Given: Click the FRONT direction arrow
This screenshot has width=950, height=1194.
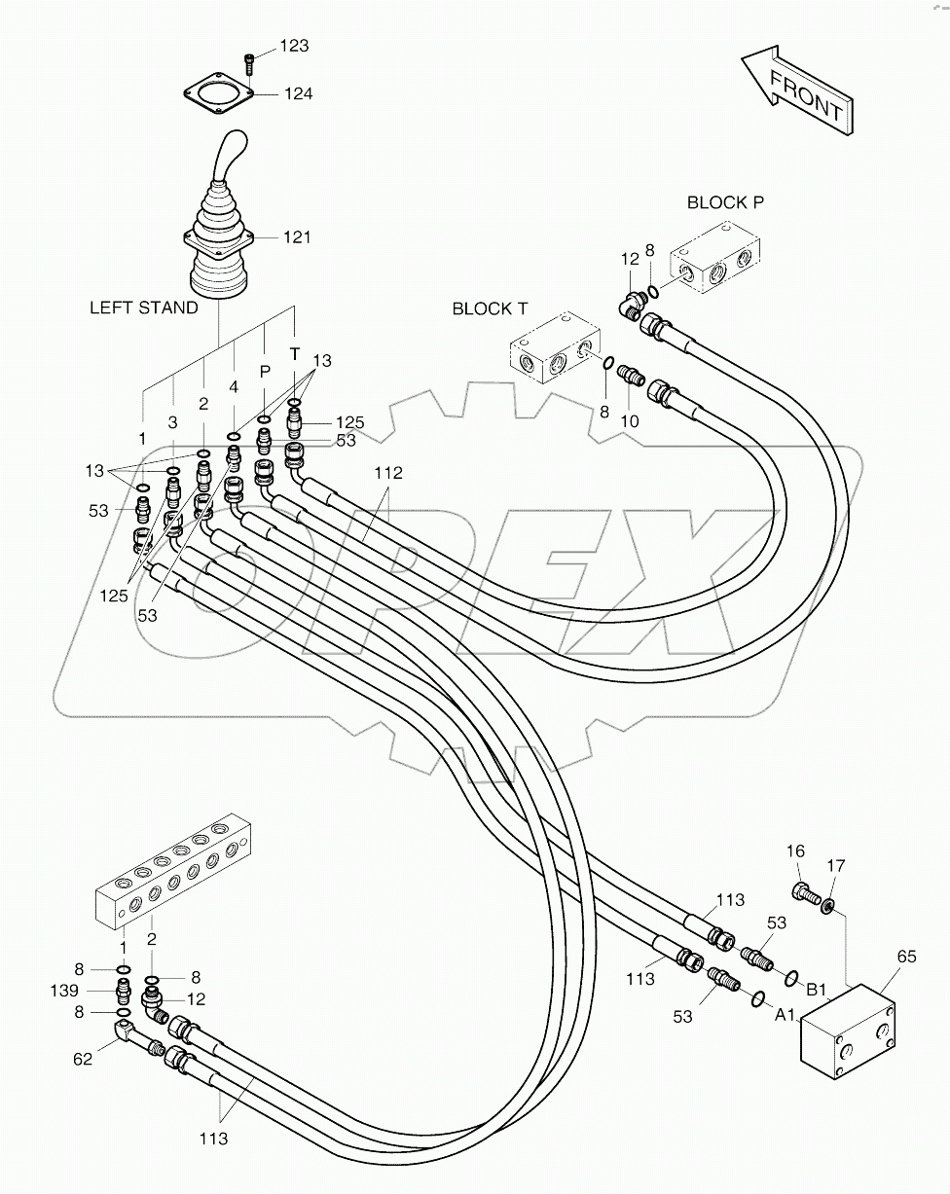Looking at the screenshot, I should point(797,93).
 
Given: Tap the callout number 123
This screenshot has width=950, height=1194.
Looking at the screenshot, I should point(294,46).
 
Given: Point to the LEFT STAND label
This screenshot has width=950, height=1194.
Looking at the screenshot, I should point(144,308).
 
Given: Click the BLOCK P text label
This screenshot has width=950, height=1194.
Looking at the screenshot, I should point(725,202).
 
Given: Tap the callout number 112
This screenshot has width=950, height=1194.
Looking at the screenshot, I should point(387,473).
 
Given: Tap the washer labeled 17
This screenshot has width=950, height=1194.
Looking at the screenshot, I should point(828,907).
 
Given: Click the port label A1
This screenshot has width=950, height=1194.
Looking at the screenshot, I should point(786,1014).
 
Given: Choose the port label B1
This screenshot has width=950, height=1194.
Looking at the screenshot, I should point(816,990).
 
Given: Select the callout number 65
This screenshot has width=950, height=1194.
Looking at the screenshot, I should point(905,957).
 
